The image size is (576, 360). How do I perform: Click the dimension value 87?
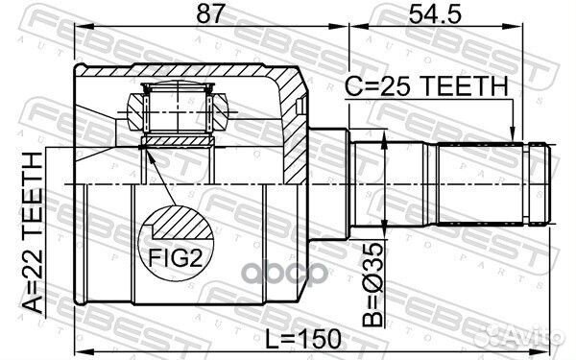click(x=210, y=14)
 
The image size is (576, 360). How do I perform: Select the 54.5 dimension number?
click(x=435, y=14)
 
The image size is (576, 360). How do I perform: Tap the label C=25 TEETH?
click(x=426, y=86)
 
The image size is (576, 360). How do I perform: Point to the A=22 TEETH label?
click(x=33, y=233)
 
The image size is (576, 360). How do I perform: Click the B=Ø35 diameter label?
click(x=372, y=284)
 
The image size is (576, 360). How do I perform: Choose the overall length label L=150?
click(x=303, y=339)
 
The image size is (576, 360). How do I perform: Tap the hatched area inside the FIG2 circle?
click(x=182, y=223)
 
